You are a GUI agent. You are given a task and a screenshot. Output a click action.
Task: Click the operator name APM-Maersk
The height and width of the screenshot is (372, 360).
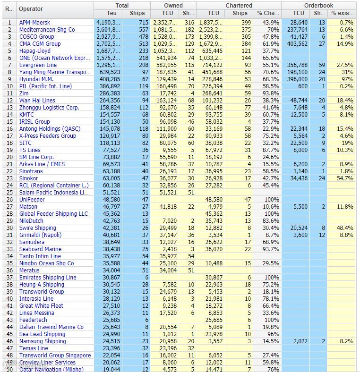coord(34,22)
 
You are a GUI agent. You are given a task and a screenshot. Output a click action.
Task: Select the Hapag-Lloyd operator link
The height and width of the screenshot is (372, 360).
coord(34,51)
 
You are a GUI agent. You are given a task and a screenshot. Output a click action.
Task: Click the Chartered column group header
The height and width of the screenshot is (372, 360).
coord(239,5)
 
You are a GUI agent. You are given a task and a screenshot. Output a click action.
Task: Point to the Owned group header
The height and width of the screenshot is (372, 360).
coord(173,5)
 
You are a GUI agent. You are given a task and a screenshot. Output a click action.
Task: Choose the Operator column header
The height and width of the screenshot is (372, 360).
coord(31,9)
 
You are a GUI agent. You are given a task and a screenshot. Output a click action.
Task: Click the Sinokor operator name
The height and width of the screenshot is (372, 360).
coord(28,178)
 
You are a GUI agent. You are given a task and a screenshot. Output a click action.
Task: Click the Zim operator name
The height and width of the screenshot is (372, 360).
coord(24,93)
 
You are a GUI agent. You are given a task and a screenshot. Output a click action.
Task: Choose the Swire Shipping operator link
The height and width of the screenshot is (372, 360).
coord(37,228)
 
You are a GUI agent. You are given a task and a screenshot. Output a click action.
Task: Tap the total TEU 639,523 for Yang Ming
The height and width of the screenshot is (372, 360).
coord(109,72)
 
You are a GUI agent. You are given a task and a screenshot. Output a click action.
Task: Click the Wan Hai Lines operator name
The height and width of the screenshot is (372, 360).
coord(37,100)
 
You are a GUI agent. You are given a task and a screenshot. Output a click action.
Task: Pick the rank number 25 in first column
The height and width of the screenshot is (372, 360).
coord(9,192)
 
